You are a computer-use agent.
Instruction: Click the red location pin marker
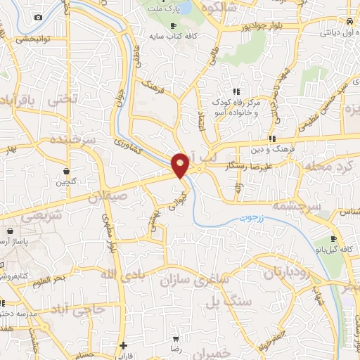[181, 165]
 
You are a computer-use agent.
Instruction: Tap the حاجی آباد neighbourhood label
[77, 309]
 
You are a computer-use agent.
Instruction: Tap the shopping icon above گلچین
[65, 170]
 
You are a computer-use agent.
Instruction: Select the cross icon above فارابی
[123, 346]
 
